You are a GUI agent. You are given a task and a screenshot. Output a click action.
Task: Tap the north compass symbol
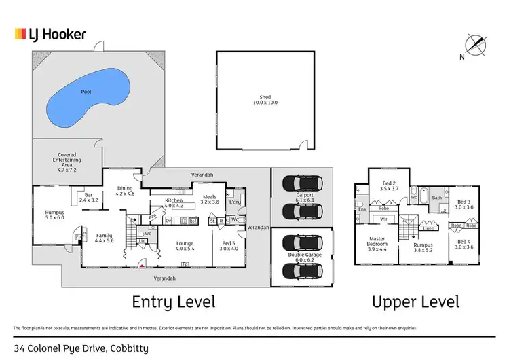coord(479,46)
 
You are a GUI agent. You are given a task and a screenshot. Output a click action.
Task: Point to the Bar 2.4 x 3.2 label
coord(89,198)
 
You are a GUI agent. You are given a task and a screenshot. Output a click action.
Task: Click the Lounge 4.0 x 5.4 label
coord(185,246)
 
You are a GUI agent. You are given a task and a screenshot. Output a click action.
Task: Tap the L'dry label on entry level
coord(235,202)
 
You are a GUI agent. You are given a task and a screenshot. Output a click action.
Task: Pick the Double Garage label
coord(301,256)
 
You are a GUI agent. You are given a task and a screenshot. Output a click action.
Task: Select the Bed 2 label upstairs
coord(388,185)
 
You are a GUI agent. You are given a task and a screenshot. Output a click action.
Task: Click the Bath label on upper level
coord(436,198)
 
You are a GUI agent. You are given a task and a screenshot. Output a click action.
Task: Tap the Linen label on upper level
coord(428,228)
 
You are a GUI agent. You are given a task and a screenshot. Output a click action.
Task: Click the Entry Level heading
coord(173,302)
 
